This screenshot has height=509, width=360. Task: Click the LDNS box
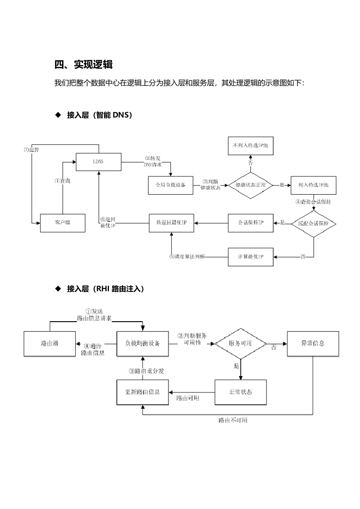99,162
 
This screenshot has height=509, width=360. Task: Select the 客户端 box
63,222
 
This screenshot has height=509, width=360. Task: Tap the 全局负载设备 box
171,185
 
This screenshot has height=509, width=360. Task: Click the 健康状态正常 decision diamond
251,185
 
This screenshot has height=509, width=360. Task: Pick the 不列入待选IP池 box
251,146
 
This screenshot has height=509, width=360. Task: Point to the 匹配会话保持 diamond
313,223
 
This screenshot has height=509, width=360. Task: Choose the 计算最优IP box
251,257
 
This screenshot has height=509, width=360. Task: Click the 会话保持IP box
251,222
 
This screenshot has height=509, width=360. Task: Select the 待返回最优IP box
172,222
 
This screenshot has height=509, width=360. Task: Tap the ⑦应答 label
31,150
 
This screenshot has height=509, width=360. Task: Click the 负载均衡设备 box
143,343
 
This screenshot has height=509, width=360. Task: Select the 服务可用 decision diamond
241,343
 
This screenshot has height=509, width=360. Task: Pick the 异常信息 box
313,343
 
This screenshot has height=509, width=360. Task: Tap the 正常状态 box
241,392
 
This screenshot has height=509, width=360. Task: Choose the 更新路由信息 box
143,392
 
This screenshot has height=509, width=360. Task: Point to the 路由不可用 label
233,421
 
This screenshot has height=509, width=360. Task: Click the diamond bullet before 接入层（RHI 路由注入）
58,289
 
